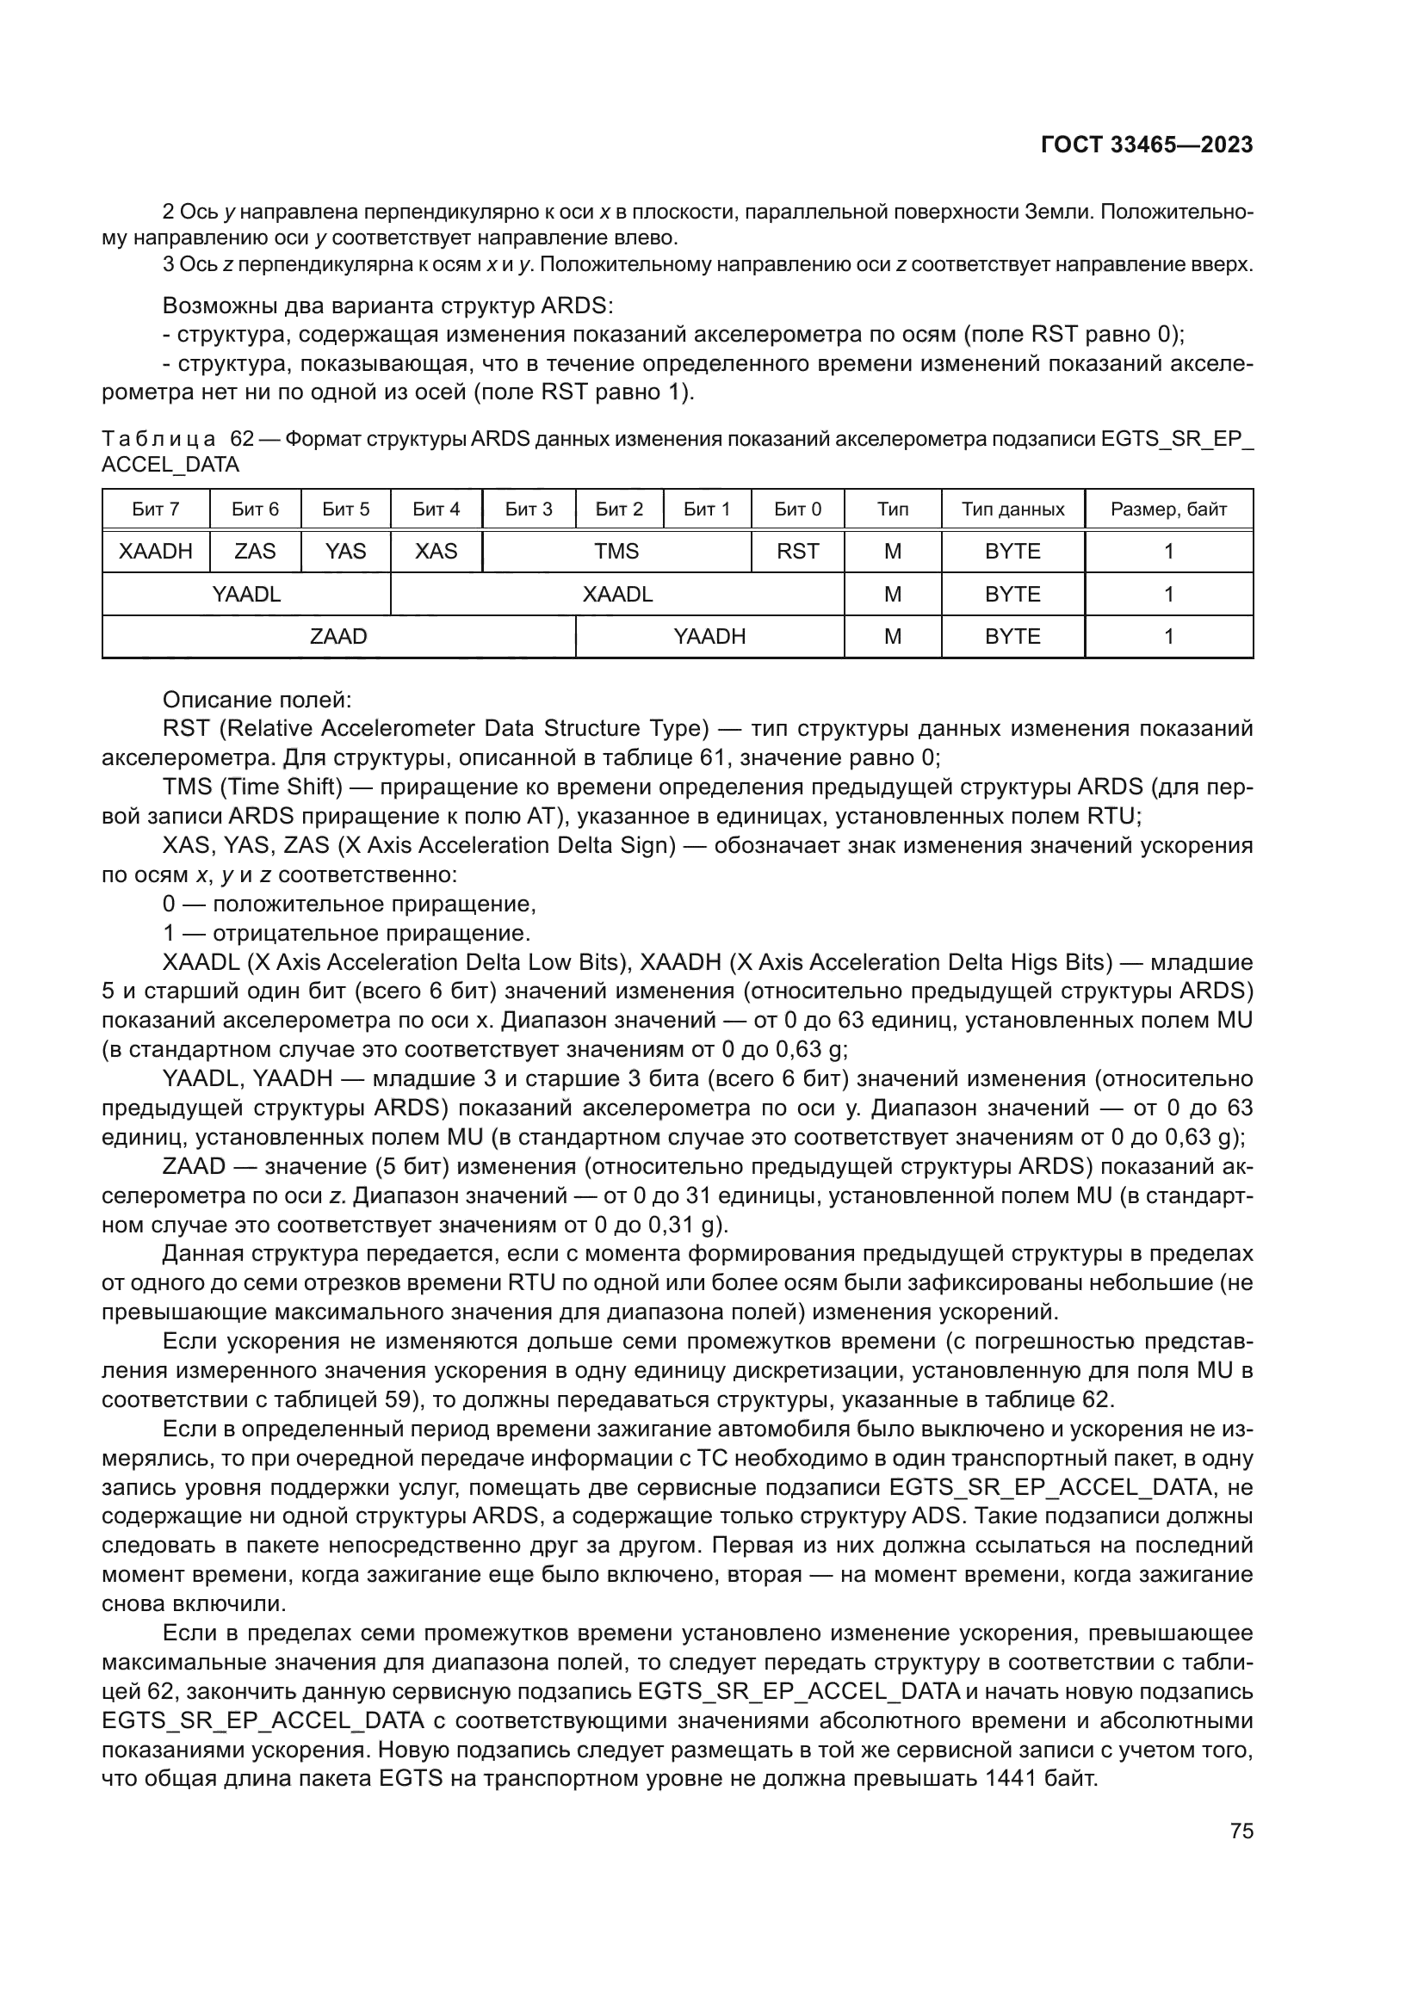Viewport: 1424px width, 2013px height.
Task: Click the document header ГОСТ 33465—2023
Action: pos(1146,145)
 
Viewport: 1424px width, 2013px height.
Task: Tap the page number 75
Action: pos(1241,1831)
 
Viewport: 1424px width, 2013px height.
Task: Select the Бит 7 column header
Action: pos(155,509)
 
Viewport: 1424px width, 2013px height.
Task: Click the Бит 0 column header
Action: pos(797,509)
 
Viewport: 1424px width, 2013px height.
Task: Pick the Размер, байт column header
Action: pos(1168,509)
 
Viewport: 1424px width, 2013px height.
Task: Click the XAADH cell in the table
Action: pos(155,552)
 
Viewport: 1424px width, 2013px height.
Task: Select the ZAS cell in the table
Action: pos(255,552)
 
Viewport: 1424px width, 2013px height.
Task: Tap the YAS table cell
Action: pos(345,552)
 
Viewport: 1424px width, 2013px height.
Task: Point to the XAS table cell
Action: pos(436,552)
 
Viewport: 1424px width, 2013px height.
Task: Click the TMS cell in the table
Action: pos(616,552)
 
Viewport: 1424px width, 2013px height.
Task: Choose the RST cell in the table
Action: pos(797,552)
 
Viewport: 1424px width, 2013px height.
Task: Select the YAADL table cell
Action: pos(246,595)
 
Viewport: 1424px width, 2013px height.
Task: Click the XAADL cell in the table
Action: pos(617,595)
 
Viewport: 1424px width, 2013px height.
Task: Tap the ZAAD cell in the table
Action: pos(338,637)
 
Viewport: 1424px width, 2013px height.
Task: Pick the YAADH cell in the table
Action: pos(709,637)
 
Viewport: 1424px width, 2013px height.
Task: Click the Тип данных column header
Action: pos(1012,509)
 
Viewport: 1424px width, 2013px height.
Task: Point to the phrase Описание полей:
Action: pos(257,700)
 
